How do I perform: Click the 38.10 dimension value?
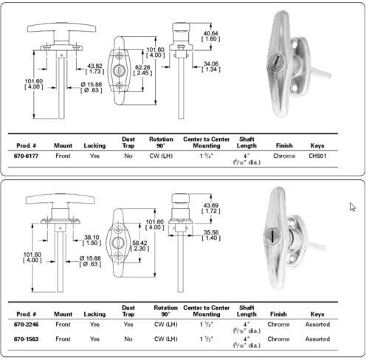(91, 239)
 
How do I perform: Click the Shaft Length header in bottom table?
(246, 311)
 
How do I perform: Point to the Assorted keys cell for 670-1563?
(317, 339)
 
